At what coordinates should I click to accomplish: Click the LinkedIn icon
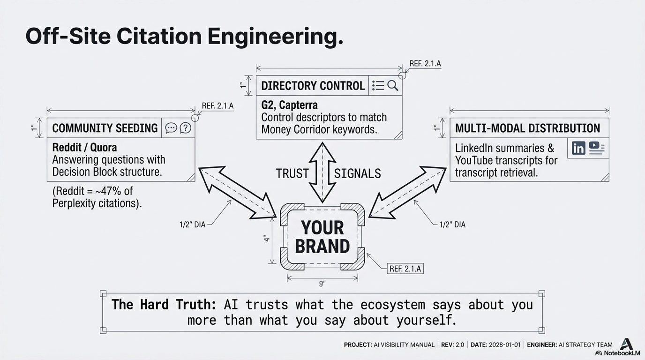(x=578, y=148)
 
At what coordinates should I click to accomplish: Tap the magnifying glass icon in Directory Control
(x=393, y=85)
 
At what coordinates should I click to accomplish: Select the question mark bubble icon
(x=186, y=128)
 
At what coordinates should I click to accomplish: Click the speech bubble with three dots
(x=171, y=128)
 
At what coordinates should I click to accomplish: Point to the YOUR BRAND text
(x=322, y=237)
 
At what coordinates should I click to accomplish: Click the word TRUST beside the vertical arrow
(x=292, y=173)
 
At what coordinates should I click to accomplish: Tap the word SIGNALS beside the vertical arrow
(x=357, y=173)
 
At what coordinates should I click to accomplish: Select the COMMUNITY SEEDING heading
(x=105, y=128)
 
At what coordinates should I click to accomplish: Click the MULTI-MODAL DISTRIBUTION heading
(x=527, y=128)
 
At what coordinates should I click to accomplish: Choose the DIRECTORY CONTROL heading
(x=313, y=85)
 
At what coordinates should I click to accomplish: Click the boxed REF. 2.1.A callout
(x=405, y=269)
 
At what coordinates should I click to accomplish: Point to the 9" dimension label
(x=322, y=284)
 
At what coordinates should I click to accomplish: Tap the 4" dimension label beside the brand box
(x=267, y=239)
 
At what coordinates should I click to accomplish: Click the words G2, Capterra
(x=289, y=105)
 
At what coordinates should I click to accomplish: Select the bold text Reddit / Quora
(x=84, y=147)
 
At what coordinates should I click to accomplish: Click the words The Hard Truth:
(x=164, y=305)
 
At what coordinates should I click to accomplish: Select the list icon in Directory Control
(x=378, y=85)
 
